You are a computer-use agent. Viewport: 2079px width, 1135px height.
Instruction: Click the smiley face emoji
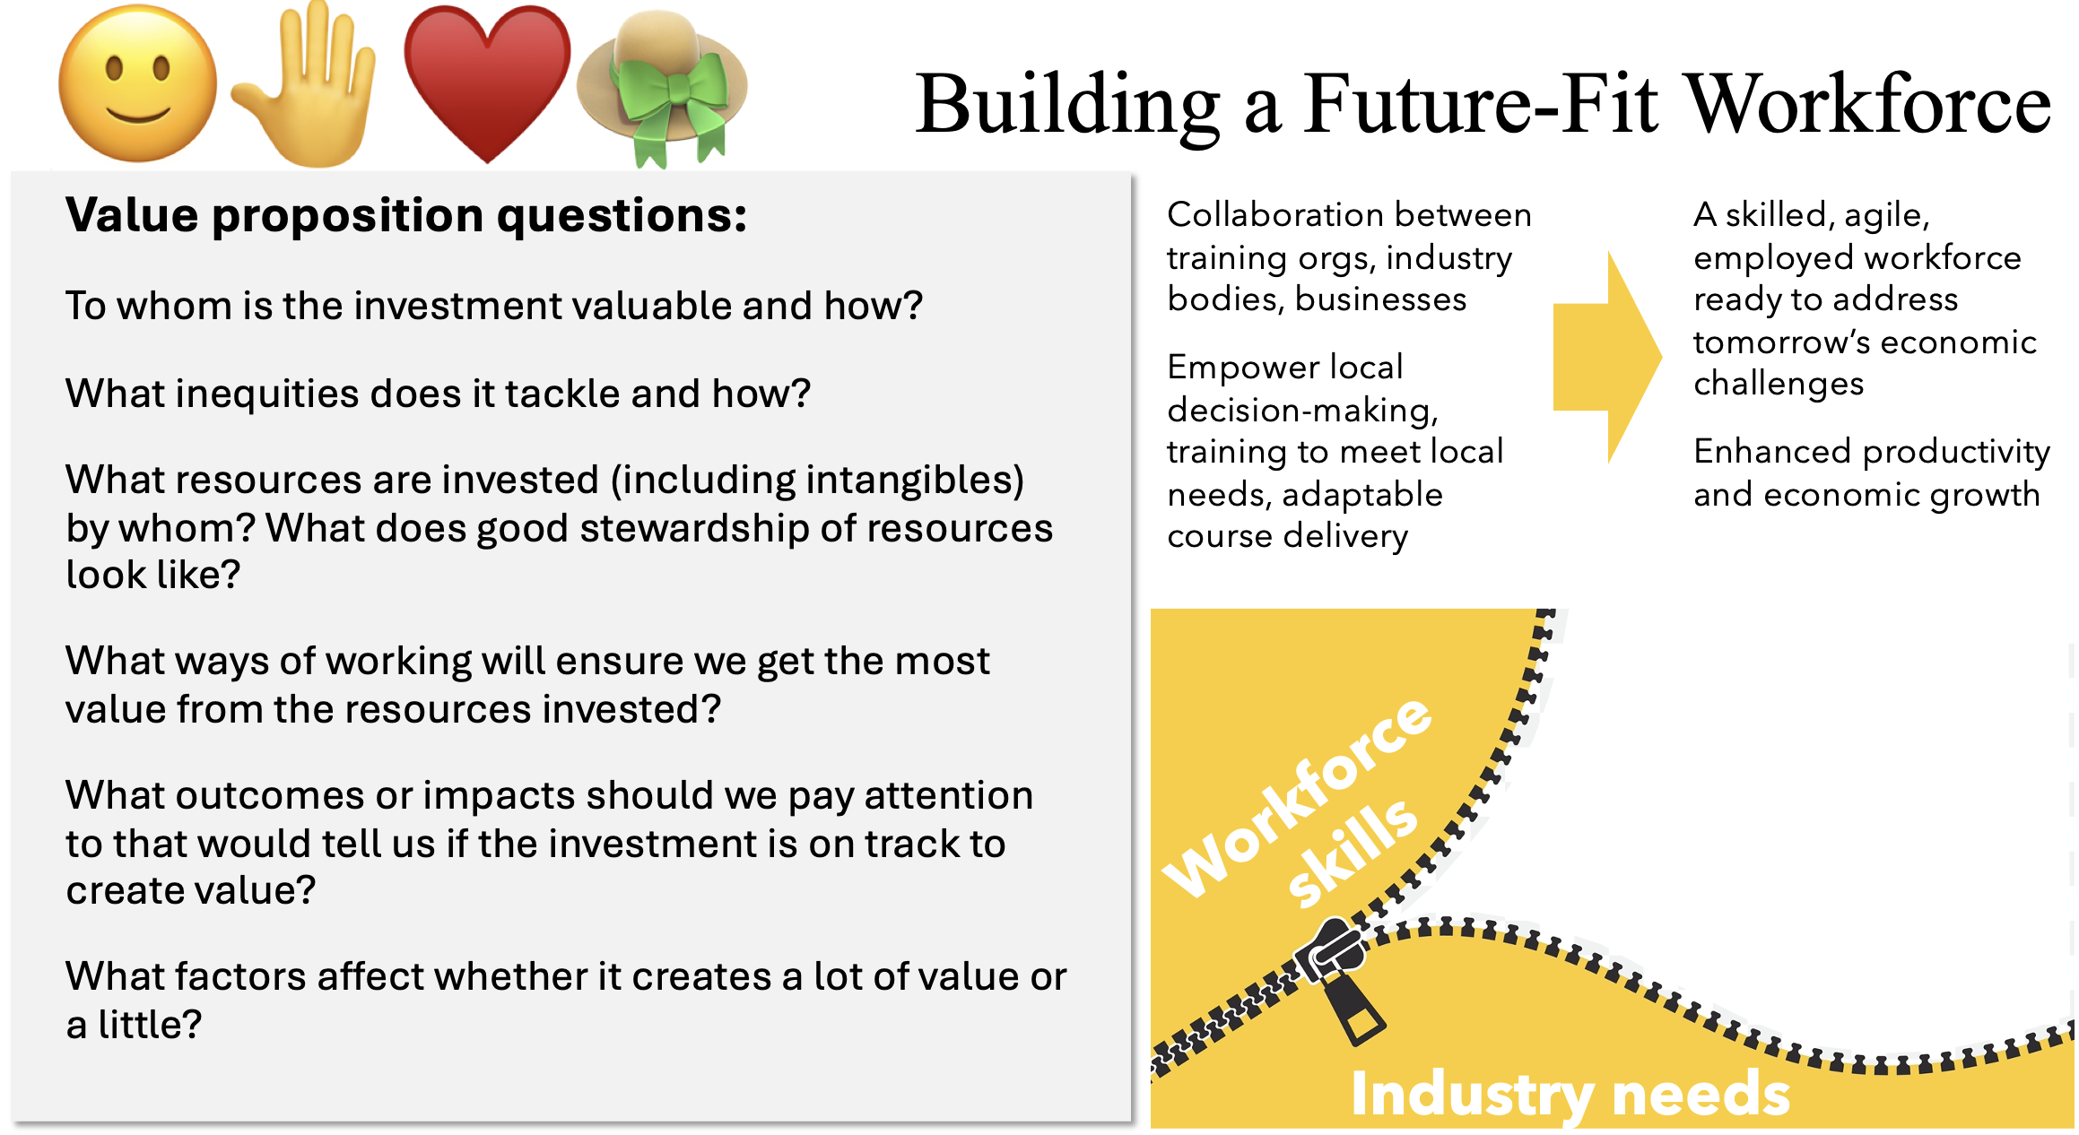pyautogui.click(x=137, y=83)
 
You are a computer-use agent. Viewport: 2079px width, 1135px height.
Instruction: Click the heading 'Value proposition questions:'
pyautogui.click(x=406, y=215)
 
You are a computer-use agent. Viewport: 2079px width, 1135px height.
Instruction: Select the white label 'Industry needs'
pyautogui.click(x=1570, y=1095)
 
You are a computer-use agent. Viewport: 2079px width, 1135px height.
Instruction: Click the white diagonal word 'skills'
pyautogui.click(x=1353, y=852)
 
